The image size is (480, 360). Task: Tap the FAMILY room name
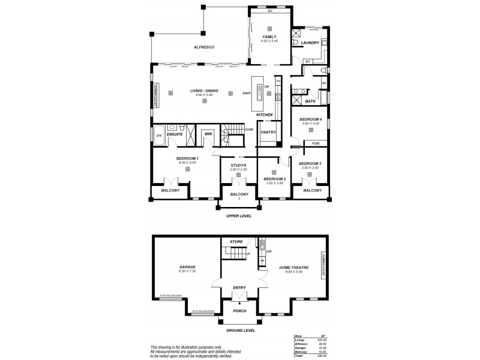(x=269, y=37)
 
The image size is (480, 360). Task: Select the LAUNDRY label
(x=310, y=43)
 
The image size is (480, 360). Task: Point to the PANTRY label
(x=268, y=132)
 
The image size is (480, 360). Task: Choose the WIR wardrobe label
(x=208, y=134)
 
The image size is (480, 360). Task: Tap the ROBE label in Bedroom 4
(x=316, y=143)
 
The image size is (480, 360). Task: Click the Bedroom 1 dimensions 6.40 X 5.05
(x=187, y=163)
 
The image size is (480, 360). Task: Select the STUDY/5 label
(x=238, y=165)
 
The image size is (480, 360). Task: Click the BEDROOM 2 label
(x=274, y=179)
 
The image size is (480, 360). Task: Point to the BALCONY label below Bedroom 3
(x=312, y=190)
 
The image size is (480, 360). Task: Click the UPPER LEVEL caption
(x=238, y=215)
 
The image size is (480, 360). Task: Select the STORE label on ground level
(x=236, y=241)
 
